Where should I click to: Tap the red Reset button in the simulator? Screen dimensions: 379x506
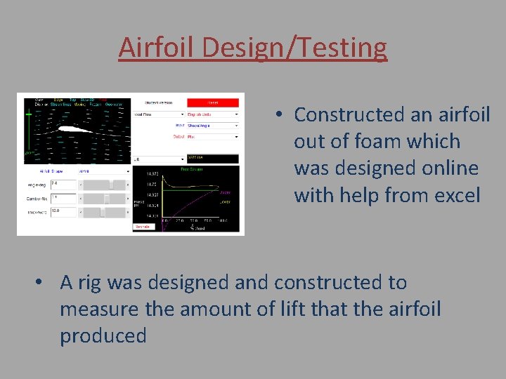212,102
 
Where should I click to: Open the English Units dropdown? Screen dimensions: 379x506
212,114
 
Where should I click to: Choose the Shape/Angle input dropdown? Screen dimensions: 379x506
212,126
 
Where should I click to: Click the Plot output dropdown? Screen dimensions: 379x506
212,137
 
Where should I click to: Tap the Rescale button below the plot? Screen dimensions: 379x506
143,227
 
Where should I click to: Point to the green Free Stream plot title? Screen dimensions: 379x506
192,169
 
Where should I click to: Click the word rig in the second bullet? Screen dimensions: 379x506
90,283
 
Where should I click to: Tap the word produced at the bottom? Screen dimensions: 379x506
103,336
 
